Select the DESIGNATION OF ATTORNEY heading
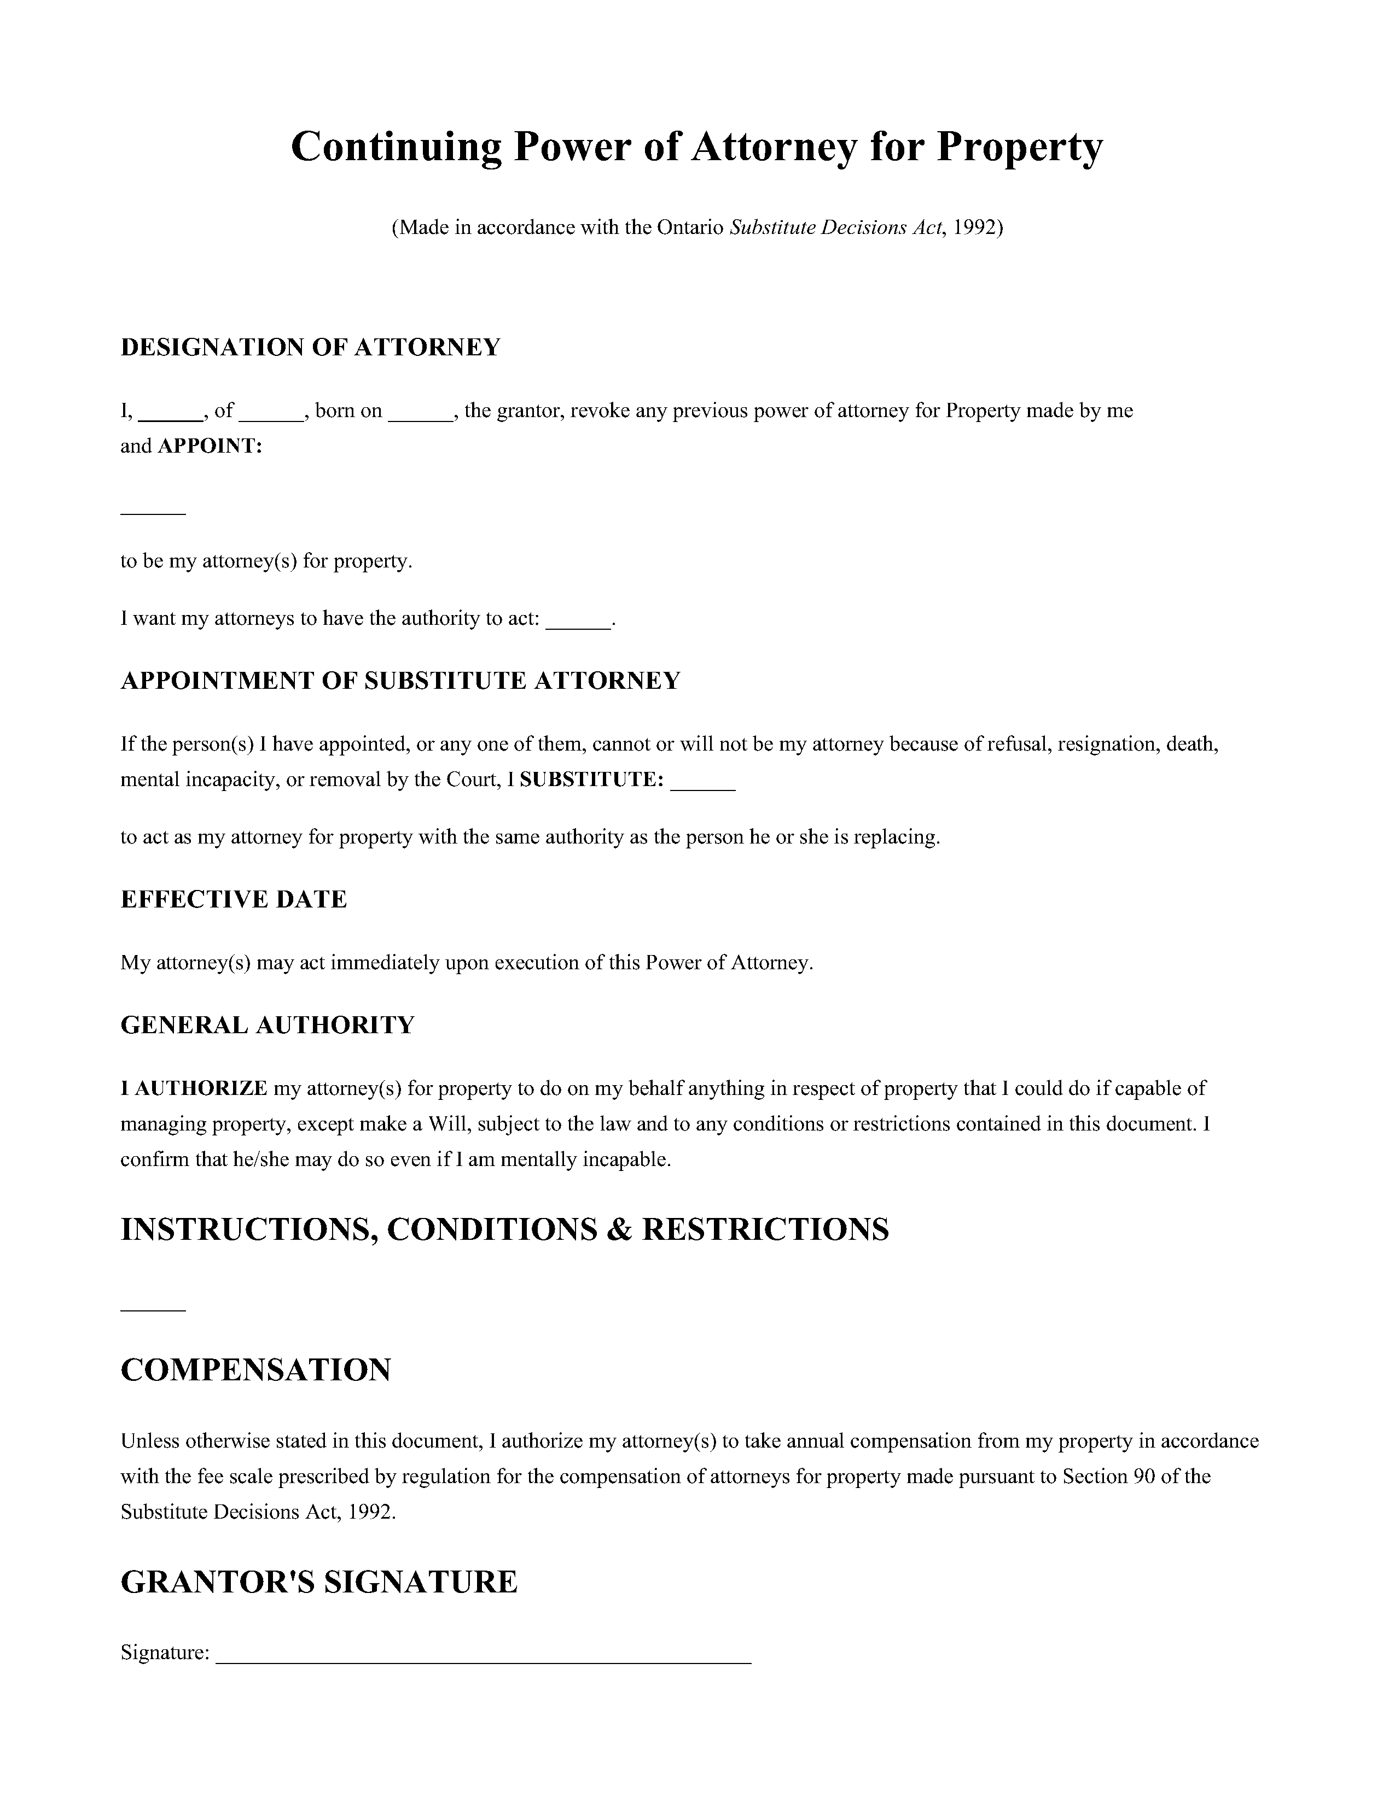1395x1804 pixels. coord(311,348)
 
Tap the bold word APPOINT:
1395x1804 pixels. coord(210,447)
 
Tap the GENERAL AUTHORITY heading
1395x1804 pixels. coord(268,1026)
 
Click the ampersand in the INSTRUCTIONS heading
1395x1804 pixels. coord(618,1230)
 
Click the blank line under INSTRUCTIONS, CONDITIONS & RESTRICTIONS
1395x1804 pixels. coord(153,1309)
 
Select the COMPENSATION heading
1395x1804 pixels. coord(256,1370)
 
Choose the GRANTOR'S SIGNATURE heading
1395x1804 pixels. coord(319,1583)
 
